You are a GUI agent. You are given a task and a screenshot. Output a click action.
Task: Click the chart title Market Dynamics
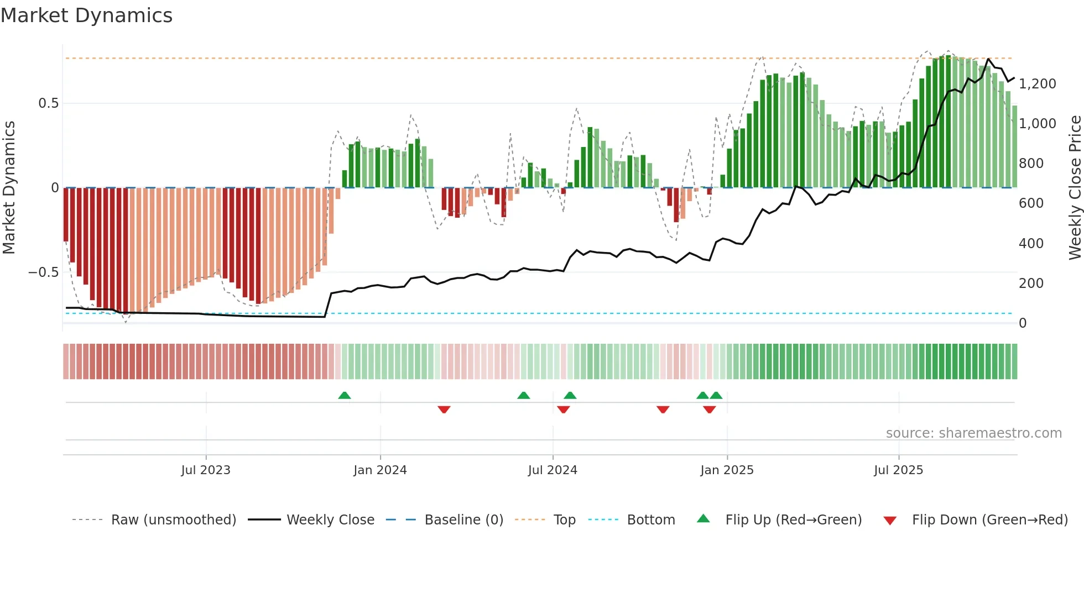(x=86, y=15)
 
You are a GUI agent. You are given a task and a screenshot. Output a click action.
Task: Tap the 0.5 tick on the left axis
(x=48, y=103)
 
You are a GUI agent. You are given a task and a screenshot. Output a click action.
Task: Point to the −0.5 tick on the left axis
(x=44, y=272)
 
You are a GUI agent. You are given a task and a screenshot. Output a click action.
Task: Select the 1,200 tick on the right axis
(x=1037, y=84)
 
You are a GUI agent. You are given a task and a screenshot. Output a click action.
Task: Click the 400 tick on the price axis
(x=1031, y=243)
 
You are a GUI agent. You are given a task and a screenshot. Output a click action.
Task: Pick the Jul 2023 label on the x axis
(x=206, y=470)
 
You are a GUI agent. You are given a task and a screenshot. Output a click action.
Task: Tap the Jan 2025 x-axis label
(x=727, y=470)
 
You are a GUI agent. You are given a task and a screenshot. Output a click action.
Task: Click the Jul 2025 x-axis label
(x=898, y=470)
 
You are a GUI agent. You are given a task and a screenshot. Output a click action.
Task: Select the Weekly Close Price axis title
(x=1075, y=187)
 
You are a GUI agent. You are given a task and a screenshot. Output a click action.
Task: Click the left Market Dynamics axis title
(x=9, y=187)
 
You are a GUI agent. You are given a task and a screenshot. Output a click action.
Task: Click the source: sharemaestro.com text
(x=973, y=433)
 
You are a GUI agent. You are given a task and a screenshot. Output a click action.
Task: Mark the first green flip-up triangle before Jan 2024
(x=345, y=395)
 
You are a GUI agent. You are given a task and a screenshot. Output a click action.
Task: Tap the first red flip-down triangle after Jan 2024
(x=444, y=410)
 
